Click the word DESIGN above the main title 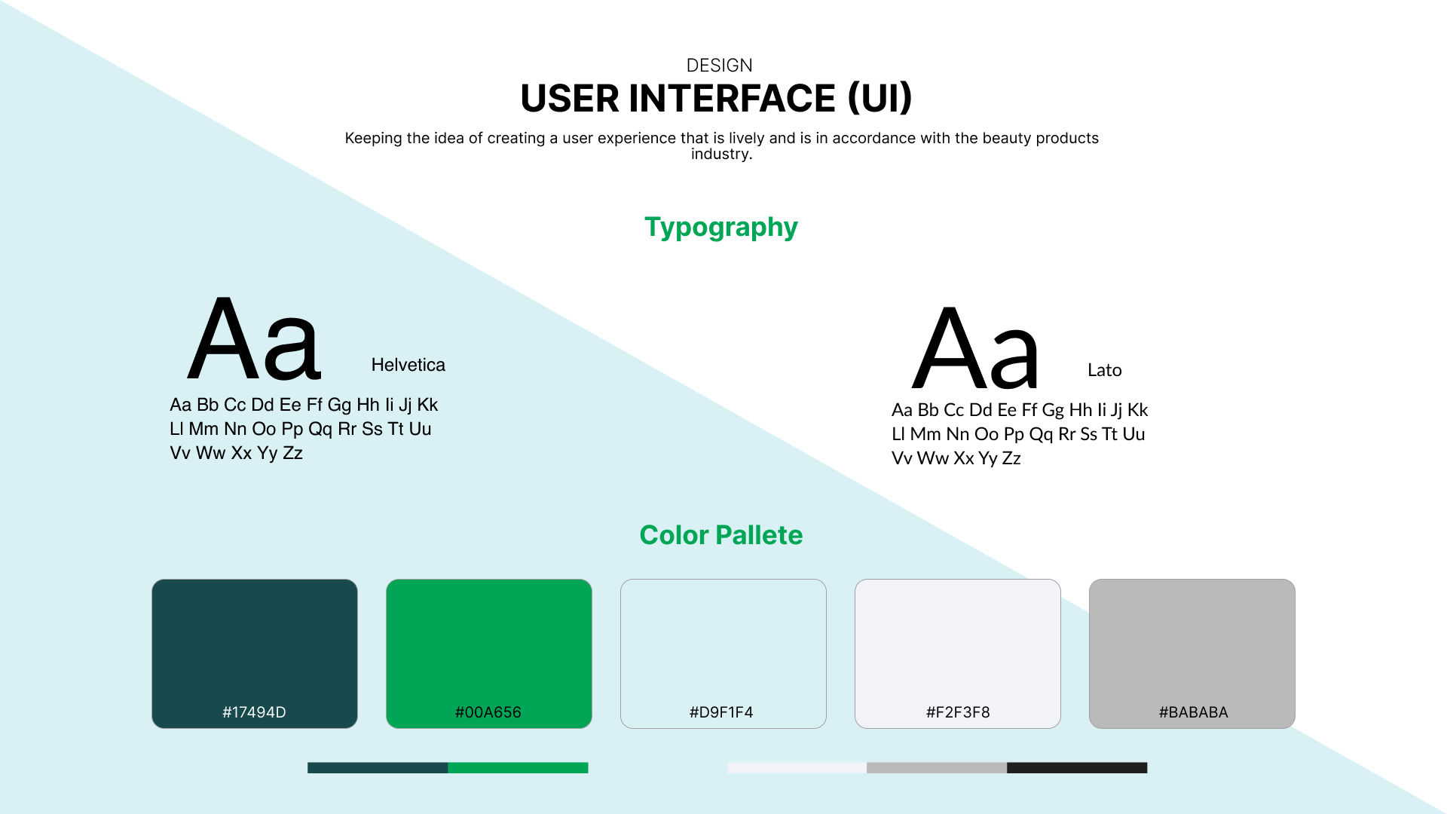coord(719,66)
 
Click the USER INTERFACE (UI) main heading coord(716,99)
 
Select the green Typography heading coord(720,228)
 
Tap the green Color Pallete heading coord(721,535)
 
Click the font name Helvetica coord(408,365)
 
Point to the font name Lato coord(1104,370)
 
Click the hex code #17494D coord(254,712)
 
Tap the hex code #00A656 coord(488,712)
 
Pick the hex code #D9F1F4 coord(721,712)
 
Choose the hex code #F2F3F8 coord(958,712)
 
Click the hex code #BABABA coord(1193,712)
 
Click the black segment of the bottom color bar coord(1077,768)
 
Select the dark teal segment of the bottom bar coord(378,768)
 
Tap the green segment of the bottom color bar coord(519,768)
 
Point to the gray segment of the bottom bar coord(937,768)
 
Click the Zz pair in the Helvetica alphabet coord(292,453)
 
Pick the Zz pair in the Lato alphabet coord(1011,458)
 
